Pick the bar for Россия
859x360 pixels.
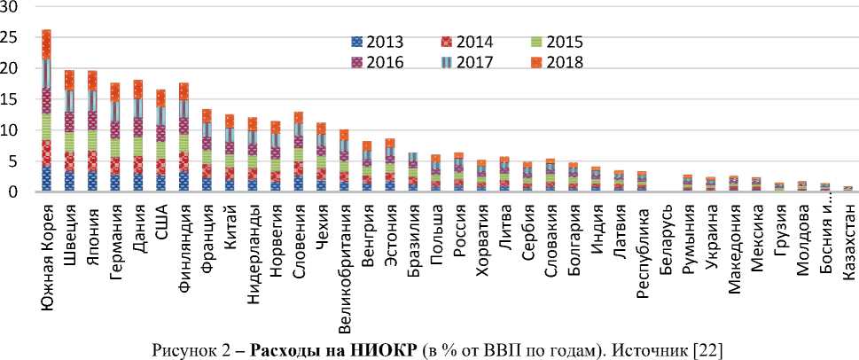click(458, 172)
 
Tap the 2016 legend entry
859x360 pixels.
click(379, 62)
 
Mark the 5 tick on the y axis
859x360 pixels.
click(13, 160)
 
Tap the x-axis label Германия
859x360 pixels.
click(115, 229)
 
